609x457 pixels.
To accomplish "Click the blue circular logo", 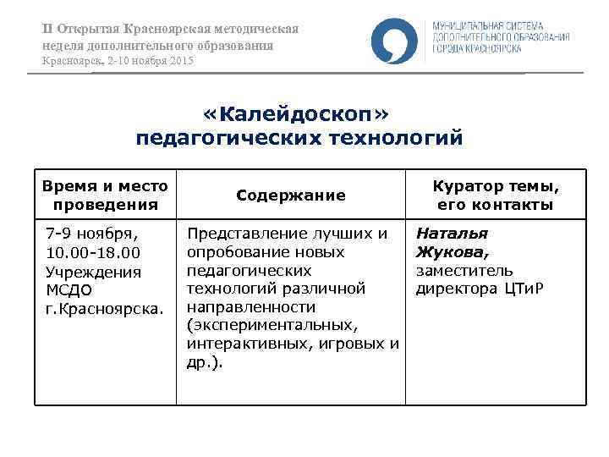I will pyautogui.click(x=393, y=41).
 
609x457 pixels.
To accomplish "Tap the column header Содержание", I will pyautogui.click(x=291, y=195).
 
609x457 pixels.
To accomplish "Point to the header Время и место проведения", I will pyautogui.click(x=105, y=195).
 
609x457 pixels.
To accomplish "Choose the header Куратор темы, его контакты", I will pyautogui.click(x=496, y=195).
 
